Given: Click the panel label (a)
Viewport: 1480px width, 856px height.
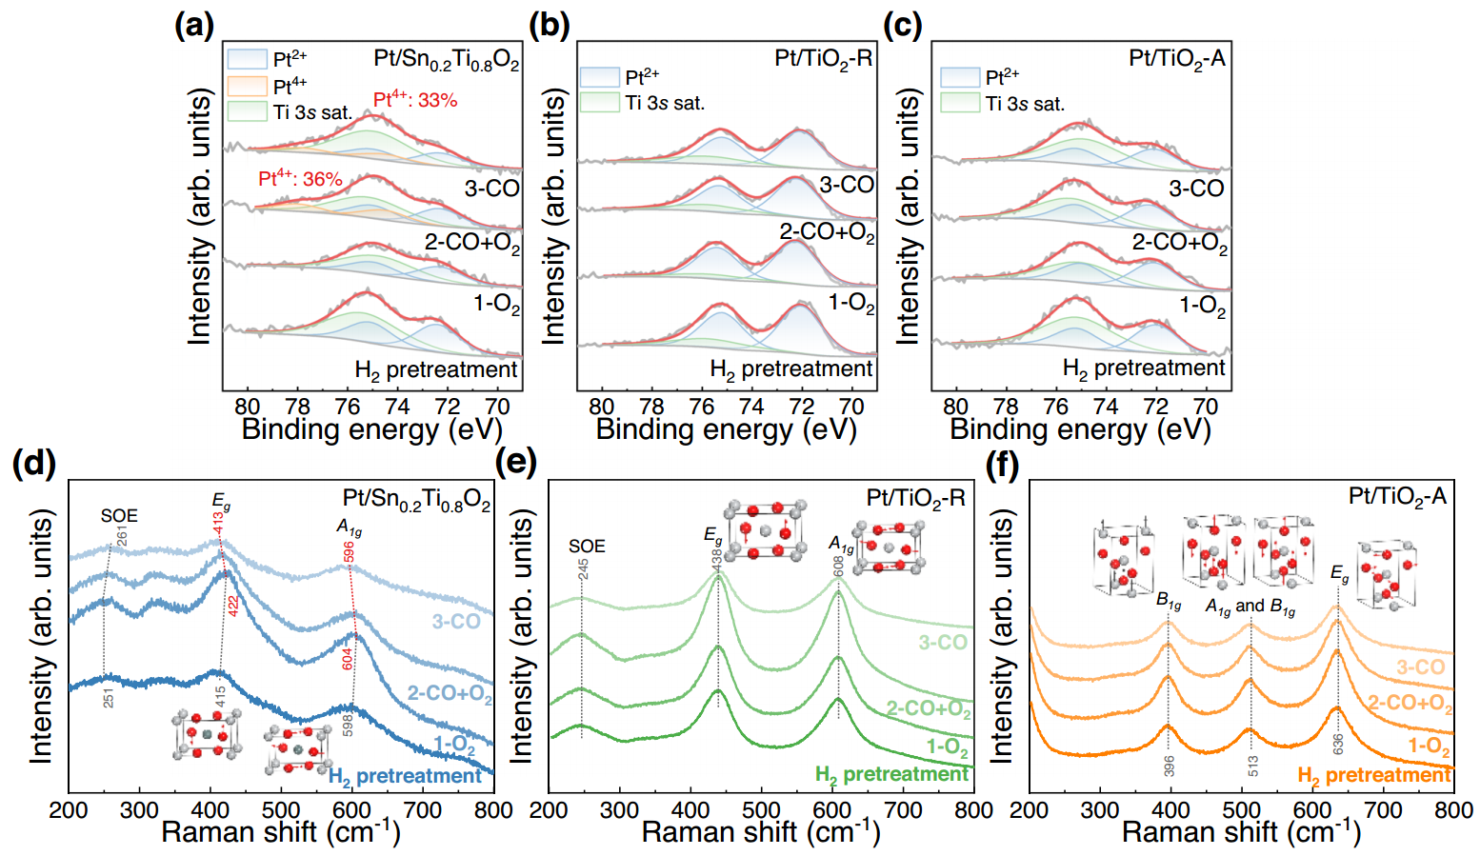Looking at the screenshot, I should click(x=194, y=25).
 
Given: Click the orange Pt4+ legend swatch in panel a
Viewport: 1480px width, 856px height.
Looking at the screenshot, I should click(x=247, y=86).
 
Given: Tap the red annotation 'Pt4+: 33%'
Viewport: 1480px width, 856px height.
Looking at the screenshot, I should click(x=415, y=99).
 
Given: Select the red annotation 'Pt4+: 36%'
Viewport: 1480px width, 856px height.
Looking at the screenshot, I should click(x=300, y=179).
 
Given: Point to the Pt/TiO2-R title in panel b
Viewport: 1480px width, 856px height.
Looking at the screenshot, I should click(x=823, y=59).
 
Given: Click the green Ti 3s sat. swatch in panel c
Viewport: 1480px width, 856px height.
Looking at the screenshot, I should click(x=959, y=103).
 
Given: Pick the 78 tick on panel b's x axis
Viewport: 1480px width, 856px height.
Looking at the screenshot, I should click(x=651, y=407).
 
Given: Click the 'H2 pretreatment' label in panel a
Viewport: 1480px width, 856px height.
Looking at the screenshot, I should click(x=436, y=369).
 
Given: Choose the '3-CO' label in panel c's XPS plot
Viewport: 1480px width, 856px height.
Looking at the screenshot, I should click(x=1196, y=189).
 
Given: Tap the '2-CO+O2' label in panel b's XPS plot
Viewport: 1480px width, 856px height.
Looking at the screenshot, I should click(x=827, y=232).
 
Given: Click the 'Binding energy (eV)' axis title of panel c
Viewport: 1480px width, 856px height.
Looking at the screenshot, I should click(x=1080, y=429).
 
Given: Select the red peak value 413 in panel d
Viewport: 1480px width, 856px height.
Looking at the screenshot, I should click(x=218, y=525).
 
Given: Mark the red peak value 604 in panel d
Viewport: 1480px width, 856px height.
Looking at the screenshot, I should click(x=348, y=659).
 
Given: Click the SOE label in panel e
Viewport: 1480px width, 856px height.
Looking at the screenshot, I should click(x=587, y=547).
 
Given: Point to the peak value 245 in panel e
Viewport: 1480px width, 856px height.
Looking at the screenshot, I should click(x=583, y=569).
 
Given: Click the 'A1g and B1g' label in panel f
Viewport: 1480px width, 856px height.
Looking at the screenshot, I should click(x=1250, y=607).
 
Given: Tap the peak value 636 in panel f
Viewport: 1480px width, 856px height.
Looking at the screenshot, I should click(x=1338, y=745).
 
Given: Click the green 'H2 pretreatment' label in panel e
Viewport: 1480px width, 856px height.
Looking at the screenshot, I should click(x=891, y=775).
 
